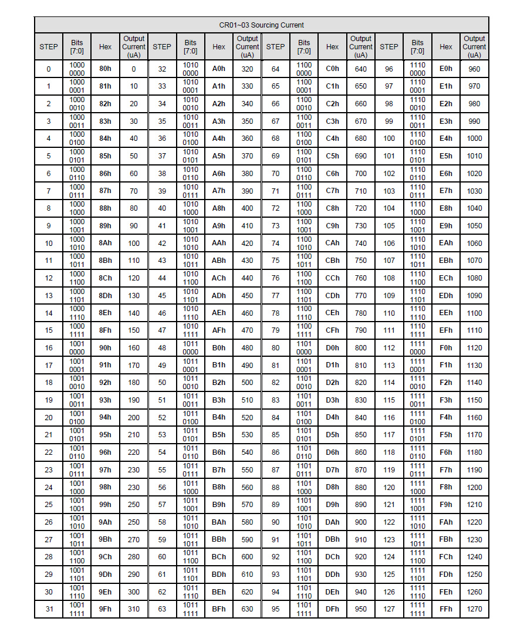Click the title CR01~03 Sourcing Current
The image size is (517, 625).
click(x=261, y=25)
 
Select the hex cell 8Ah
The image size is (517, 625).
click(x=105, y=243)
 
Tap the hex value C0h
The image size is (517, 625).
click(x=332, y=69)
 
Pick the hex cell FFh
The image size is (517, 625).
click(x=446, y=609)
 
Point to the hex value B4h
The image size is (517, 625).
click(x=219, y=417)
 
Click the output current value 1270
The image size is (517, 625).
click(x=474, y=609)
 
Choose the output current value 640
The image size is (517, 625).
click(x=360, y=69)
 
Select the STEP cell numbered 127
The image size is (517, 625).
click(x=388, y=609)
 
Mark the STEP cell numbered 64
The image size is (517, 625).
click(x=275, y=69)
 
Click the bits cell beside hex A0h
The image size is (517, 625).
click(x=190, y=69)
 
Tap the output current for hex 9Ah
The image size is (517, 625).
click(x=134, y=522)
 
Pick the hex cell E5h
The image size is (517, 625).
click(x=446, y=156)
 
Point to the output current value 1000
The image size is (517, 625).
click(x=474, y=138)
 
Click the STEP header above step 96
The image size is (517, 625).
click(x=388, y=46)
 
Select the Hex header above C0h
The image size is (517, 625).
click(x=332, y=46)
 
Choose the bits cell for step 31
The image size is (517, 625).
click(x=77, y=609)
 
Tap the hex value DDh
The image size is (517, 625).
click(x=332, y=574)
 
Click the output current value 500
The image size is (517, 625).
click(x=247, y=383)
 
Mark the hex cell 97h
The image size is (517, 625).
click(x=105, y=469)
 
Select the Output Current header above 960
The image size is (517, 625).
click(x=474, y=46)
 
